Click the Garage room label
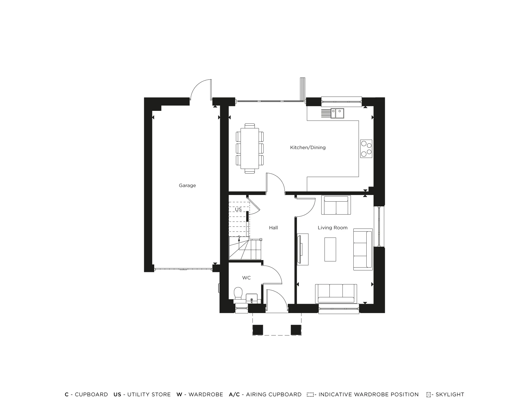(x=187, y=185)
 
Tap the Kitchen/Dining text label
(x=308, y=148)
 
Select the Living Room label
(x=332, y=228)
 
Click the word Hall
(x=273, y=228)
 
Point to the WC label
(x=246, y=278)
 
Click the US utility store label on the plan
(x=238, y=210)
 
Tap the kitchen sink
(x=338, y=113)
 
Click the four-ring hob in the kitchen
(x=366, y=149)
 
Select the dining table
(x=250, y=148)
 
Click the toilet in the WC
(x=238, y=293)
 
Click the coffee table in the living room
(x=330, y=249)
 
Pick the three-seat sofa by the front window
(x=336, y=293)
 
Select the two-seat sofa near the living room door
(x=336, y=205)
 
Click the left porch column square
(x=258, y=330)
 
